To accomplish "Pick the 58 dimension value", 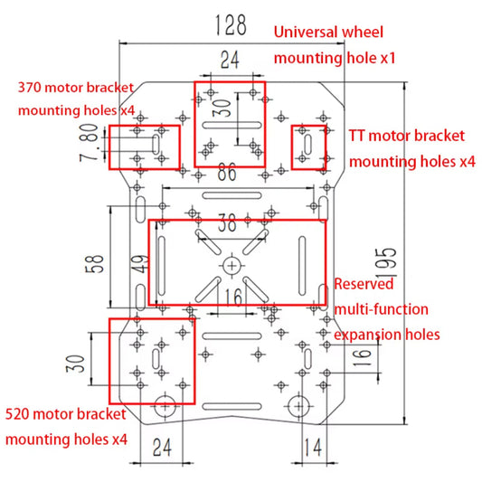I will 93,263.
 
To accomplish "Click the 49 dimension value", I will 137,264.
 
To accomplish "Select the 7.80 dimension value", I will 88,145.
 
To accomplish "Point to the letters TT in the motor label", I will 360,137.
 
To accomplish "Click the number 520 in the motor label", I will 20,415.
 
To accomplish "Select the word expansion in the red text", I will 370,334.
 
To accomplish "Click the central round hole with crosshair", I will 232,265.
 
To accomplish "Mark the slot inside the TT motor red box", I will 309,145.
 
